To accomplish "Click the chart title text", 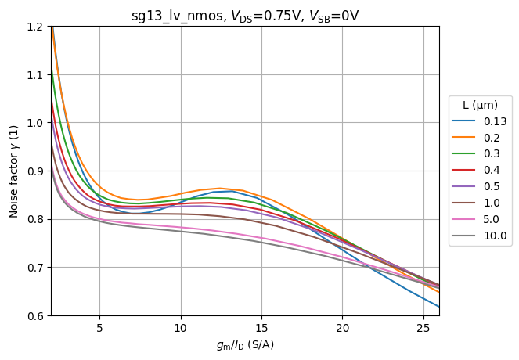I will click(245, 16).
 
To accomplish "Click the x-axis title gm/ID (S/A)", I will click(245, 344).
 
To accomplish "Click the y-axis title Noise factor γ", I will click(14, 171).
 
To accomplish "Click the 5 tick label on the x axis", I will click(99, 327).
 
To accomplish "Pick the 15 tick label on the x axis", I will click(261, 327).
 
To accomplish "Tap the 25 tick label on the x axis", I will click(423, 327).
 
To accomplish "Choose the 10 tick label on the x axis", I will click(181, 327).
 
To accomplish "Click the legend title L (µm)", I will click(480, 105).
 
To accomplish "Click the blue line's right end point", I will click(439, 307).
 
